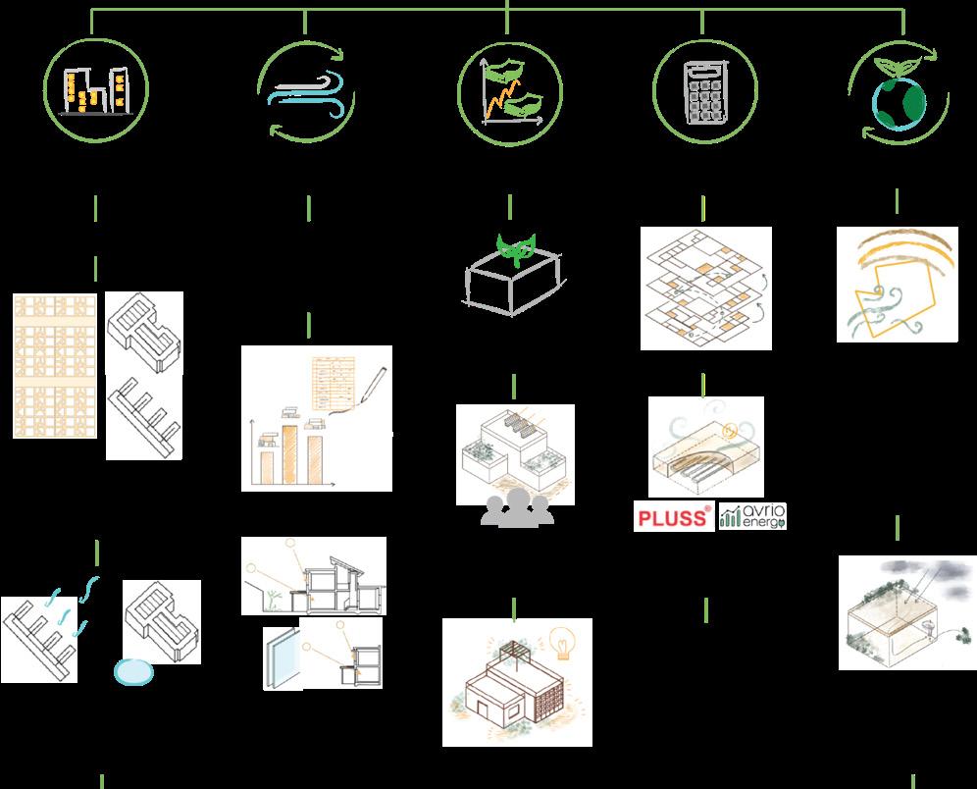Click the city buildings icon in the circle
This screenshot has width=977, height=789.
point(95,89)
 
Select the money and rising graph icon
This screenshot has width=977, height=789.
point(510,91)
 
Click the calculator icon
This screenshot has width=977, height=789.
point(703,90)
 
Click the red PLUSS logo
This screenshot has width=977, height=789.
point(673,517)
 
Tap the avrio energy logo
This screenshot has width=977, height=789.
point(753,516)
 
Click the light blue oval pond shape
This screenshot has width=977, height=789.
point(134,671)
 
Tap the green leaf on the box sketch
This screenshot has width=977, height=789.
point(515,245)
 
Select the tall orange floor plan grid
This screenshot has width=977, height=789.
point(55,365)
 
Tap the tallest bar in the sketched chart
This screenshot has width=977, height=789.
point(291,453)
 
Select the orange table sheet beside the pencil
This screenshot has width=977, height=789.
point(334,384)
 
